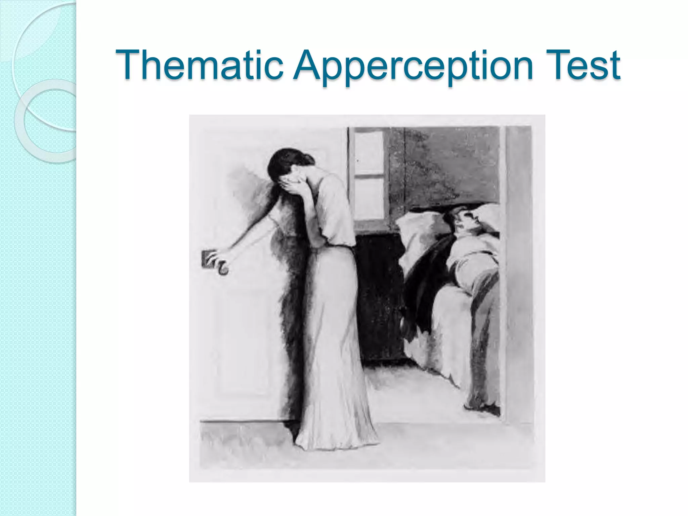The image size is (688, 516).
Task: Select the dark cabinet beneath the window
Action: [x=380, y=296]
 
